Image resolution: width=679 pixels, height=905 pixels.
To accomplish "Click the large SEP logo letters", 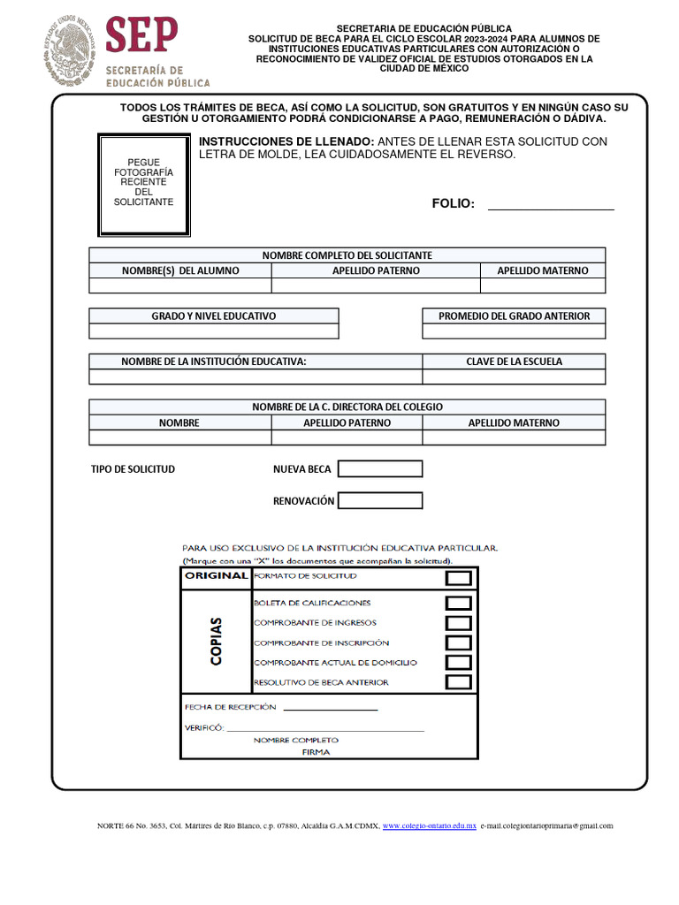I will tap(141, 35).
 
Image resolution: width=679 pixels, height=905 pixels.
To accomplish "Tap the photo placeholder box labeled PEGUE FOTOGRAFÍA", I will tap(144, 185).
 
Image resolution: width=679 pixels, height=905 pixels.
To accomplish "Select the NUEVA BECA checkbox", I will tap(380, 468).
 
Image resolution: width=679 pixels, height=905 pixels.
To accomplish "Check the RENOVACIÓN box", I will tap(380, 500).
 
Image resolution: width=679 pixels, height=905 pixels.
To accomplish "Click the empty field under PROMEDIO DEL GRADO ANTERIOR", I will tap(514, 331).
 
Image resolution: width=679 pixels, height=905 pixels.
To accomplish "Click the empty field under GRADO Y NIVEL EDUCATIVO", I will tap(213, 331).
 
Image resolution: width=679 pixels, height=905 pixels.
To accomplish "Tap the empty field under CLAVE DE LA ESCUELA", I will tap(514, 376).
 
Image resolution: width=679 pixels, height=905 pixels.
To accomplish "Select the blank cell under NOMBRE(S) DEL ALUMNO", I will tap(180, 285).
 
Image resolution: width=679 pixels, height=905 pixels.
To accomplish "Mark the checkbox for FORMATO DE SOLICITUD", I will tap(458, 578).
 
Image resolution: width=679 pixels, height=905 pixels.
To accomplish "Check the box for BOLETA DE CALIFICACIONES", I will tap(458, 604).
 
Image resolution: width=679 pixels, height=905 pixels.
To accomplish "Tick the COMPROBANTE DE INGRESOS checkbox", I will tap(458, 623).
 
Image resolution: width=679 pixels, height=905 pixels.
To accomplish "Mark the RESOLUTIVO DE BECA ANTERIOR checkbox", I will tap(458, 682).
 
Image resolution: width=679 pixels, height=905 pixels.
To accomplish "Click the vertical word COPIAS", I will tap(217, 641).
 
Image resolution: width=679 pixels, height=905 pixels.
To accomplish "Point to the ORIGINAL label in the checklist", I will tap(216, 576).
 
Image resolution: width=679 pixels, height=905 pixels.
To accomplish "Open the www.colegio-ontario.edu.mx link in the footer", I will tap(429, 826).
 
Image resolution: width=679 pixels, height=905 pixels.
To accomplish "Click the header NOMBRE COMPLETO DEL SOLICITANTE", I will tap(347, 255).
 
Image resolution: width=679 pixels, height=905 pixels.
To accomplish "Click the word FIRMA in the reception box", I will tap(316, 752).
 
